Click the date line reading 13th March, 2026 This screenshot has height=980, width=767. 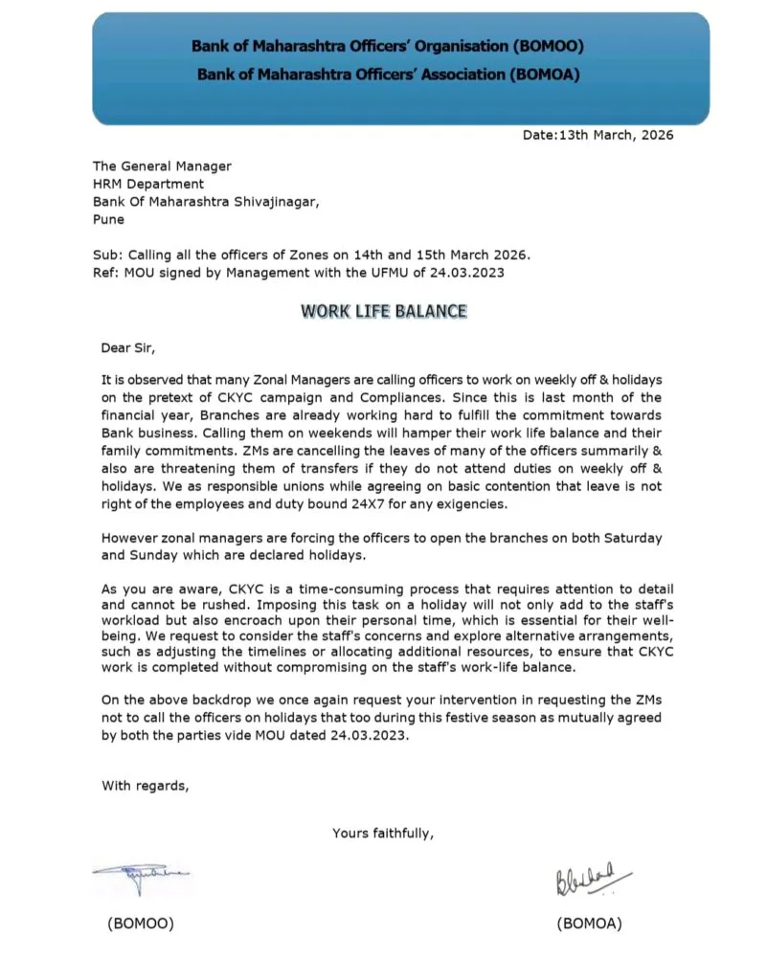click(x=598, y=135)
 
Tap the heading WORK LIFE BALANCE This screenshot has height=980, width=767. click(x=384, y=311)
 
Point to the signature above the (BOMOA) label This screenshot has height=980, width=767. click(x=592, y=876)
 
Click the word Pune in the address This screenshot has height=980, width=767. click(x=108, y=219)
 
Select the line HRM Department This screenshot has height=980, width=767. click(x=148, y=184)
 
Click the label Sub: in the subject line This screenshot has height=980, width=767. click(x=107, y=255)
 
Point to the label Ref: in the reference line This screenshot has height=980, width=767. click(x=106, y=273)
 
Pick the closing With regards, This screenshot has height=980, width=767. click(x=146, y=786)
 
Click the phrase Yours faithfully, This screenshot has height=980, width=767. click(x=383, y=833)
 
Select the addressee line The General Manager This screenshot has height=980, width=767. click(x=162, y=166)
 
